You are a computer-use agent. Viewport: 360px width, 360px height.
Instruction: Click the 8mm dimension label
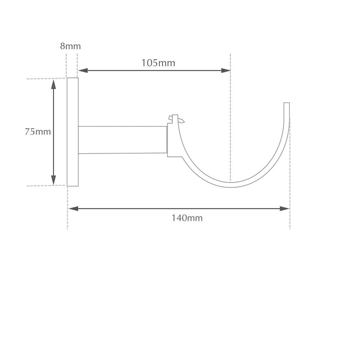pyautogui.click(x=70, y=46)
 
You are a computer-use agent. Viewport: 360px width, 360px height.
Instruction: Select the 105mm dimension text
pyautogui.click(x=158, y=63)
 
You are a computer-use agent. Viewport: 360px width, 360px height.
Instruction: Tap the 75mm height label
pyautogui.click(x=38, y=132)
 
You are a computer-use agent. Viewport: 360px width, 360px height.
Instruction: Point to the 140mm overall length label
pyautogui.click(x=187, y=218)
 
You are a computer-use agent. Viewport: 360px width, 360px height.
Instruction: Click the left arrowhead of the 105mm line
pyautogui.click(x=83, y=70)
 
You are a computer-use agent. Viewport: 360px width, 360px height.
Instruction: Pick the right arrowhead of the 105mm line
pyautogui.click(x=226, y=70)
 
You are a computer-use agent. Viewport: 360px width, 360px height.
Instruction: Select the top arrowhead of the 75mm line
pyautogui.click(x=53, y=84)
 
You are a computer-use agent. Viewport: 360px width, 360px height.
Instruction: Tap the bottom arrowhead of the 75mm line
pyautogui.click(x=53, y=180)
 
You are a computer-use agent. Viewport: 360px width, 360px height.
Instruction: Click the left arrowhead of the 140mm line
pyautogui.click(x=73, y=208)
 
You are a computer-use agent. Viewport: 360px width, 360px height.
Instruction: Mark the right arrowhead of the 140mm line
pyautogui.click(x=285, y=208)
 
